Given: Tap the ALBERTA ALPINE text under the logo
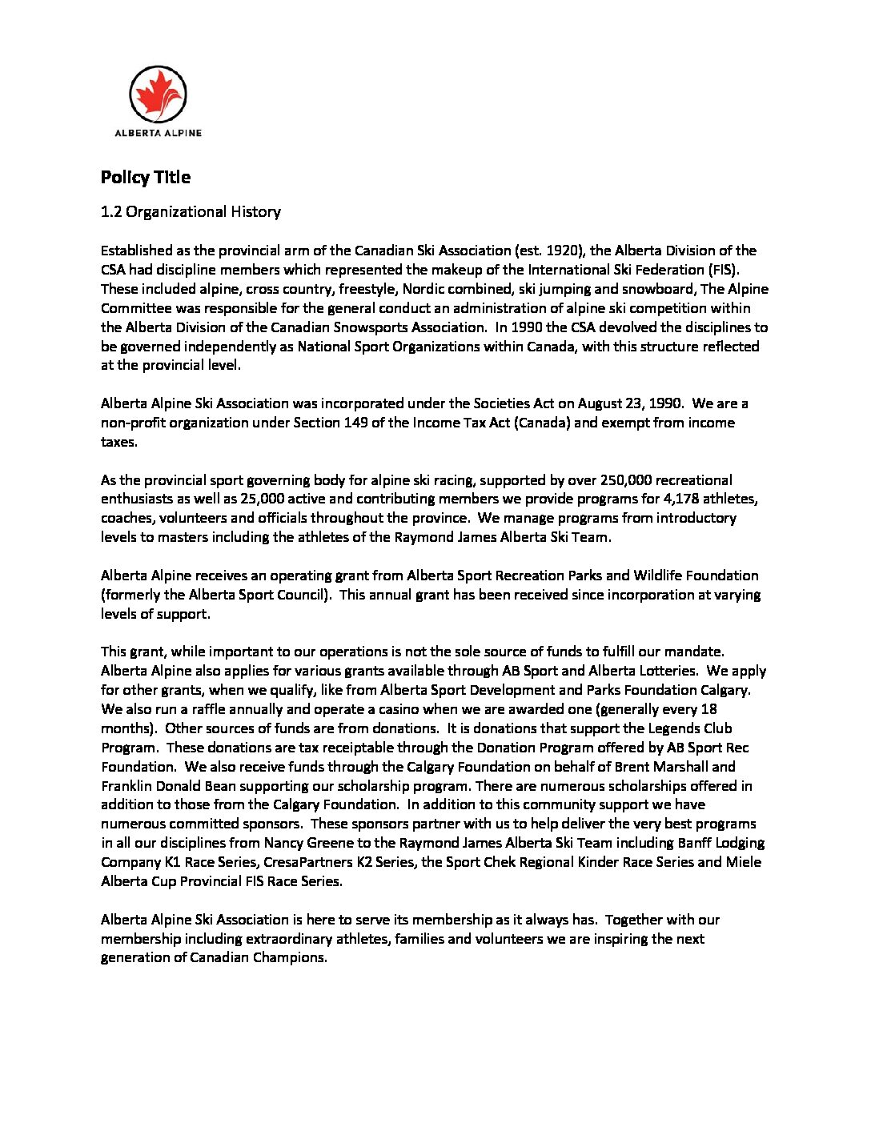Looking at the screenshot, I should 158,133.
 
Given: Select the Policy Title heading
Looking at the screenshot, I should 146,178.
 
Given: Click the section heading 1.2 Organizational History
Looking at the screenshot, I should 191,212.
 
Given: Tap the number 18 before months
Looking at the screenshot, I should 708,709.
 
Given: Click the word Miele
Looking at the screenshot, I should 744,862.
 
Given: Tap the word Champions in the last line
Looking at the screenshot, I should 290,958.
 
